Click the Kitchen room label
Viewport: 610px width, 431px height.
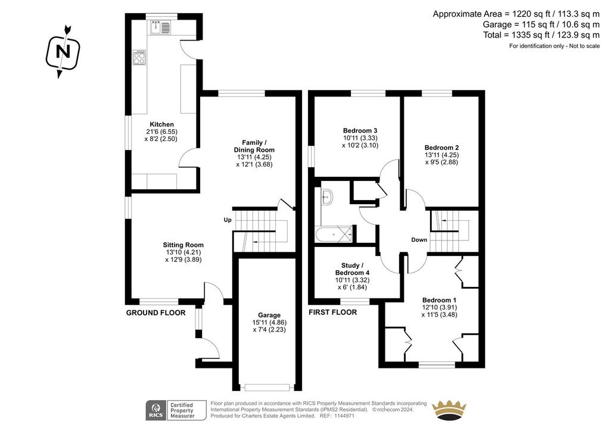tap(162, 124)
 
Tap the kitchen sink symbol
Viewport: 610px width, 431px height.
tap(160, 27)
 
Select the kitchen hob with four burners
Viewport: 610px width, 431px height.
tap(139, 58)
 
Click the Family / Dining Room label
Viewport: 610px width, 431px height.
tap(254, 146)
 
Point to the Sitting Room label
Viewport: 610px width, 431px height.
tap(183, 245)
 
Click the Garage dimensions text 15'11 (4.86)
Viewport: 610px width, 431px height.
tap(269, 323)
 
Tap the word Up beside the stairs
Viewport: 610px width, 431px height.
tap(228, 220)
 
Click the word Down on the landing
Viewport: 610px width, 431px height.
tap(419, 240)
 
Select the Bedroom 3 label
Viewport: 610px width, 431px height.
tap(360, 130)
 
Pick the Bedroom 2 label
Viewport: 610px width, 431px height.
tap(441, 148)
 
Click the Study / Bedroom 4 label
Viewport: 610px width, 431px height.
tap(352, 269)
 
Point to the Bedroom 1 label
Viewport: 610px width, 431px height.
tap(439, 300)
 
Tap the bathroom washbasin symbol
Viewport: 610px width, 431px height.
tap(326, 196)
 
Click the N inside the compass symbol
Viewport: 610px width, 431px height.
tap(63, 52)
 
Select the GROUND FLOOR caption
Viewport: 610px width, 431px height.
tap(155, 313)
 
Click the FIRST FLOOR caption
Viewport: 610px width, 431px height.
tap(332, 312)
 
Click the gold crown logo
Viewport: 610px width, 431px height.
tap(449, 410)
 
